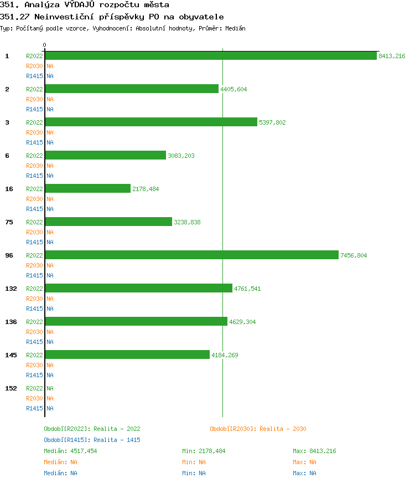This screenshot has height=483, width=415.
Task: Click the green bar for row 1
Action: click(210, 56)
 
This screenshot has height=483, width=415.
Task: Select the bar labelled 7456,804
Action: click(191, 255)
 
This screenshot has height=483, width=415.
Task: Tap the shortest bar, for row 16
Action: click(87, 189)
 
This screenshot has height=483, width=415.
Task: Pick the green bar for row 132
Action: click(138, 289)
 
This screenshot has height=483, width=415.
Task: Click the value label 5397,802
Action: click(272, 122)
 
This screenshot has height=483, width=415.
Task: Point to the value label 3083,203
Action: click(181, 156)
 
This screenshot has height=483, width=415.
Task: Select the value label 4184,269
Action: click(225, 355)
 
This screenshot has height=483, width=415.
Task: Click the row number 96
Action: click(9, 255)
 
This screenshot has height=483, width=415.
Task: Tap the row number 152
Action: click(11, 388)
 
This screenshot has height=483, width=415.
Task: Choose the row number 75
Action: click(9, 222)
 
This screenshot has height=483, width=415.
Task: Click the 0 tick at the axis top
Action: click(45, 45)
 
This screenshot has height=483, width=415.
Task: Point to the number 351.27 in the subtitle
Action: click(15, 17)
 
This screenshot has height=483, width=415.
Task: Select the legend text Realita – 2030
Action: click(283, 429)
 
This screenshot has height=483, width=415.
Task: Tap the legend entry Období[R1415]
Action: click(68, 440)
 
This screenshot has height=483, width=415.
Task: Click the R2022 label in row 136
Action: click(34, 322)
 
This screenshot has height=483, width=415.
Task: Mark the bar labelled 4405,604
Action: click(132, 89)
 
